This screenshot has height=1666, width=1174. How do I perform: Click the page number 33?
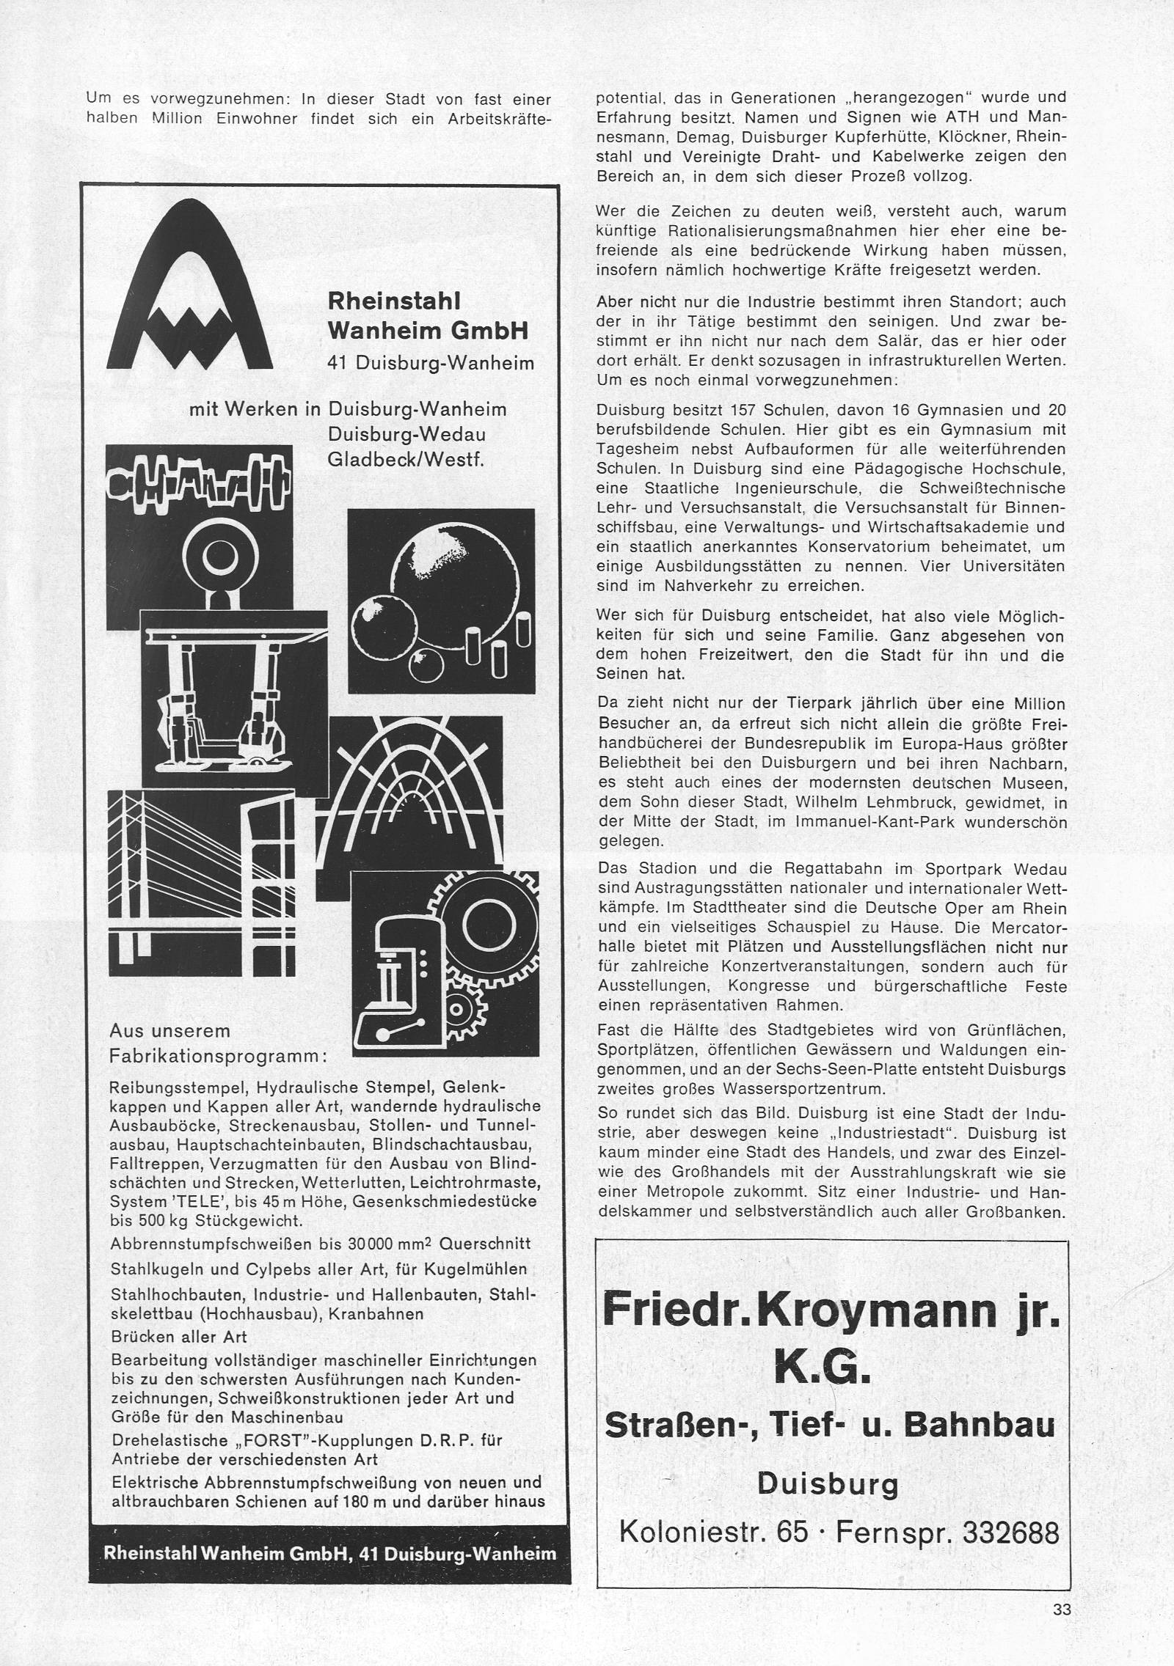[1062, 1610]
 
